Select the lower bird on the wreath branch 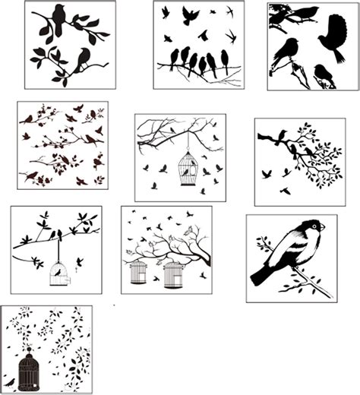[82, 58]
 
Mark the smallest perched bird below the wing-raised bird [323, 73]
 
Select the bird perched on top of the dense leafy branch [281, 135]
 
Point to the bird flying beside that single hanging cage [79, 262]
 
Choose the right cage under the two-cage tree [173, 274]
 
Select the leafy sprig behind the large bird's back [263, 245]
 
